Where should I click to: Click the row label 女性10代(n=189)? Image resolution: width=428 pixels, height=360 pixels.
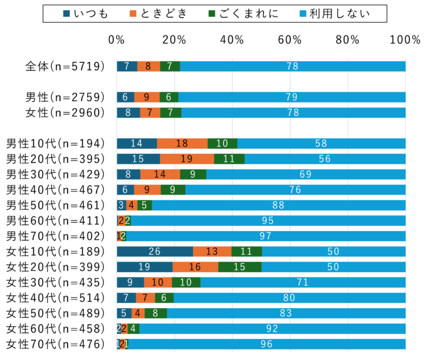(x=56, y=252)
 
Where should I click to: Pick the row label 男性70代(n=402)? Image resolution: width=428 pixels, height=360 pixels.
(x=56, y=236)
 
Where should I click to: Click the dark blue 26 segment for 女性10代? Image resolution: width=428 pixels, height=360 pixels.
(x=154, y=252)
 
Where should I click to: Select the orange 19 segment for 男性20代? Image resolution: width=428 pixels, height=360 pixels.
(x=187, y=159)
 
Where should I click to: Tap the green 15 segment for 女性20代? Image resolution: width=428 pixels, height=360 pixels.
(x=240, y=267)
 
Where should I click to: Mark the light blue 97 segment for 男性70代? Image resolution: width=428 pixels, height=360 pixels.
(x=266, y=236)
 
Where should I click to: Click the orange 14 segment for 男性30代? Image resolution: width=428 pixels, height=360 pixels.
(x=160, y=174)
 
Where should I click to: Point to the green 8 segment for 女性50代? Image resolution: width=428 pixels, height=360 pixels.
(x=155, y=313)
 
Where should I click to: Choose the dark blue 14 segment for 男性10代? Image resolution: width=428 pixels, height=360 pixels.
(x=137, y=143)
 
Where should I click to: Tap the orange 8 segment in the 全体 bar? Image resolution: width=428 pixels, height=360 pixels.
(x=148, y=66)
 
